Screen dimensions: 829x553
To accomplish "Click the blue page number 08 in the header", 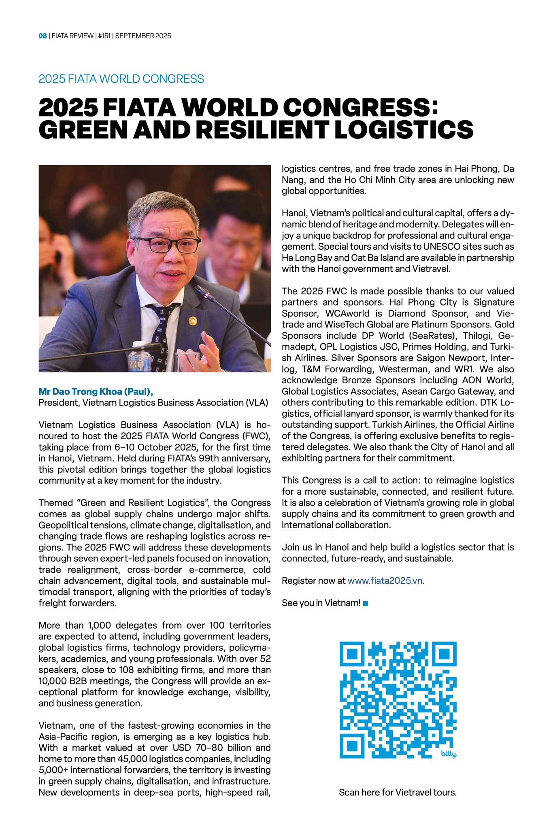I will pos(43,36).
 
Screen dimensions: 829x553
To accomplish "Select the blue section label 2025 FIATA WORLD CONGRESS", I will pos(121,79).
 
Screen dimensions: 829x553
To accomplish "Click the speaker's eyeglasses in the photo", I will pos(169,244).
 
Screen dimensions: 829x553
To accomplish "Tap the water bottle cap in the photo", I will pos(138,344).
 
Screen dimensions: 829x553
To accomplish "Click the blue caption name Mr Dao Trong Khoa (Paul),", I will pos(96,391).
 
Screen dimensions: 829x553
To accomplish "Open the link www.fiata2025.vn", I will pos(385,581).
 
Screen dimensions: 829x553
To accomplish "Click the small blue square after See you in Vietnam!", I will pos(366,604).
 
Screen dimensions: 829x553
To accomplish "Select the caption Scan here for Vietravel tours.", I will pos(398,792).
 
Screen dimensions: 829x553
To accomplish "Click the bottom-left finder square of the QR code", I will pos(353,745).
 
